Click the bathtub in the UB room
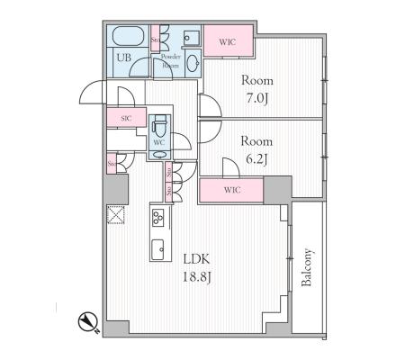(129, 36)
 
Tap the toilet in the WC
(159, 125)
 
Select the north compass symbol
(88, 322)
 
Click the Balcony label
(307, 267)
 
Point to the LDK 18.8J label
(197, 268)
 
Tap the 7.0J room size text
(257, 98)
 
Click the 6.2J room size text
(256, 159)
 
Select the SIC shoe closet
(126, 117)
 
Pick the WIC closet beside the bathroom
(229, 40)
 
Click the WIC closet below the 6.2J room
(231, 190)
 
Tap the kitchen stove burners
(157, 218)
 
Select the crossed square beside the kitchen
(116, 214)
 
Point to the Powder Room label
(171, 61)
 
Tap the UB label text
(123, 57)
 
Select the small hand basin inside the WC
(159, 155)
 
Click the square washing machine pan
(191, 38)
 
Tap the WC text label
(159, 143)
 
